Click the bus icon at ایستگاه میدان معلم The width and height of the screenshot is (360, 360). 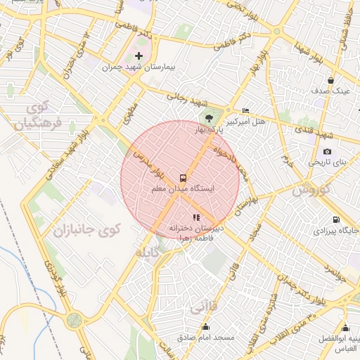coord(184,178)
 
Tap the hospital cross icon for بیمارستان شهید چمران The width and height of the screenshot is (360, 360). coord(139,56)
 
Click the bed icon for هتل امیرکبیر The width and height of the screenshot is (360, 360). coord(245,110)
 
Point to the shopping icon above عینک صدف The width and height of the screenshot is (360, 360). coord(330,80)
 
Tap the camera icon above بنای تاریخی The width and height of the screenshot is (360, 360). coord(327,151)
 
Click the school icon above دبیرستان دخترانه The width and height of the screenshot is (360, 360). coord(196,217)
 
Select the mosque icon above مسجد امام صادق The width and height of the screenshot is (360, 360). coord(205,326)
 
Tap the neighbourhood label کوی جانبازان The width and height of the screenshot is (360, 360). coord(89,229)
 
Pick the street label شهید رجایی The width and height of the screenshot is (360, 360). coord(185,99)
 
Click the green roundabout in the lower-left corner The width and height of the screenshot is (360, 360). coord(74,321)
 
